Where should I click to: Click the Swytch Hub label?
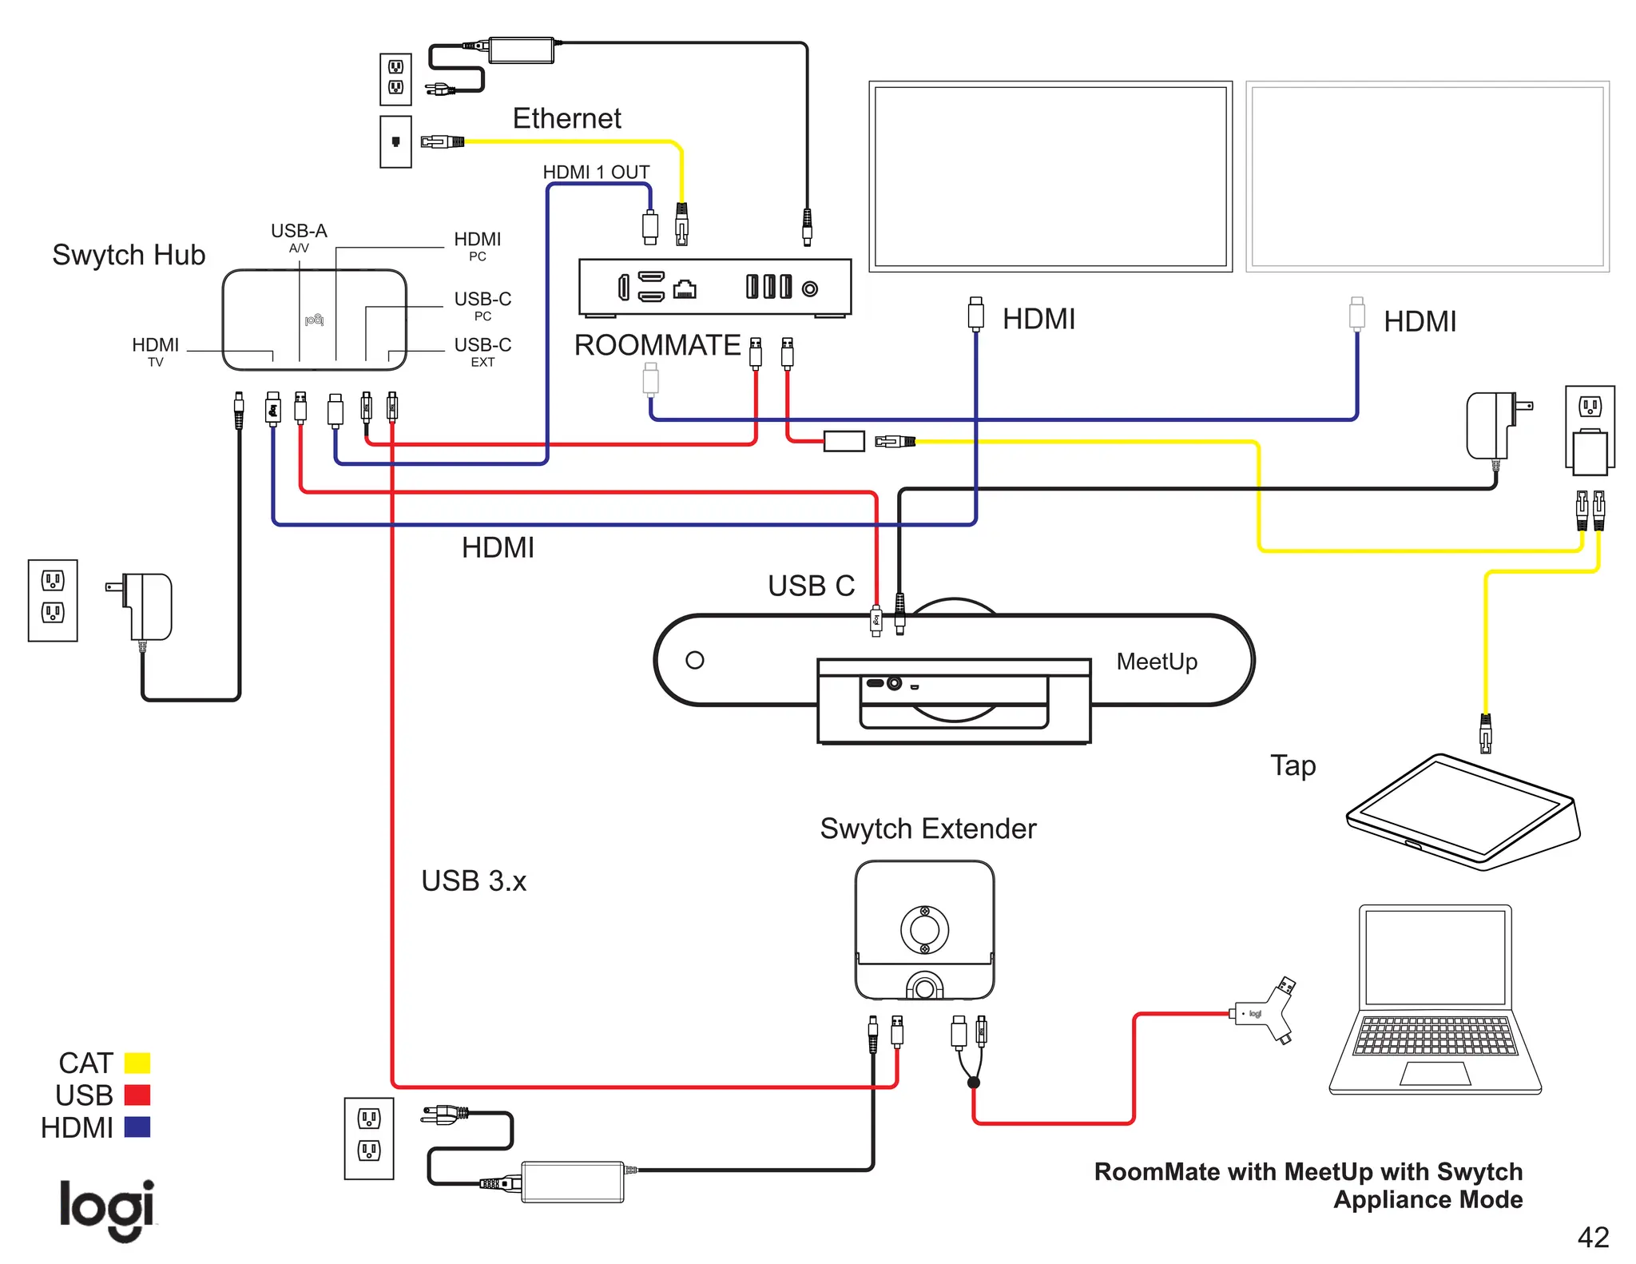129,255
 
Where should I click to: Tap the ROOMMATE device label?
657,345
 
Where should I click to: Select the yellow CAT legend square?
137,1063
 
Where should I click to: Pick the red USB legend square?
137,1095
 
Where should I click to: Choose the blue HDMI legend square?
137,1127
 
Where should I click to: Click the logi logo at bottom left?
107,1209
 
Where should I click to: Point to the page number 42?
1592,1237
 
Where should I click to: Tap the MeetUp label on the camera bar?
1156,662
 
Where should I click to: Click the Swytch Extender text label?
927,829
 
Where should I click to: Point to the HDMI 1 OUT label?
596,172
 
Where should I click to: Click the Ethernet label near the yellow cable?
566,118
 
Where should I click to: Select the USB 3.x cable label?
474,880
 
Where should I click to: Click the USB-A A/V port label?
299,237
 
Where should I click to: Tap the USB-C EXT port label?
482,351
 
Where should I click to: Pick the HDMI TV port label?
155,351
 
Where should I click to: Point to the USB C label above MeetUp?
811,586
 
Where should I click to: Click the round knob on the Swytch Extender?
924,929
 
